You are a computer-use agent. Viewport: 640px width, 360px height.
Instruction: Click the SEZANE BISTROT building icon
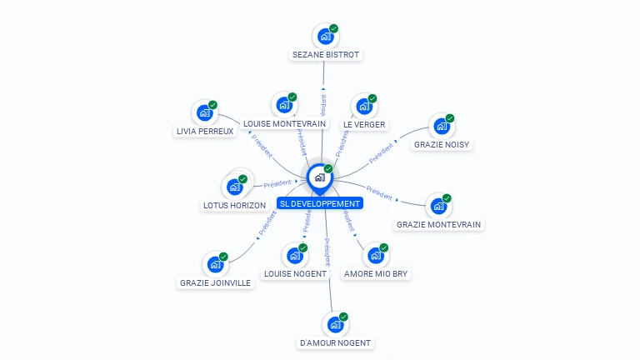click(325, 37)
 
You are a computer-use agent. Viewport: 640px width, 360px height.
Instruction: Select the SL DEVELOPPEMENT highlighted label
click(320, 203)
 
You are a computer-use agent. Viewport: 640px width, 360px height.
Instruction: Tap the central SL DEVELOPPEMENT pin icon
click(319, 177)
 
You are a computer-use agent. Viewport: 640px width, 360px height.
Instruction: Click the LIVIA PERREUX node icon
click(204, 112)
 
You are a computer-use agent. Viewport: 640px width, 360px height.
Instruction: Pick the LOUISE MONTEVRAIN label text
click(284, 124)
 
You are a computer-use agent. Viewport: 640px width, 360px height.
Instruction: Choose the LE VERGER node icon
click(363, 107)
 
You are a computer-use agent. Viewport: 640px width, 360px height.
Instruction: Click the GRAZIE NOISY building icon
click(441, 127)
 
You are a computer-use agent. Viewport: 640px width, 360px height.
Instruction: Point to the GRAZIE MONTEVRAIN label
click(438, 224)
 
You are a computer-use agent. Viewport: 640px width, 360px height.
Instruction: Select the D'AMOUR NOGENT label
click(335, 342)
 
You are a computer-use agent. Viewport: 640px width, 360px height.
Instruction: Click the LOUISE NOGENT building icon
click(294, 256)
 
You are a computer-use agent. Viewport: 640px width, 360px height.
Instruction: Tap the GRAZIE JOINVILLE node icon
click(215, 265)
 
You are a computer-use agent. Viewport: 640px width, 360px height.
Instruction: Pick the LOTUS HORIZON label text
click(234, 205)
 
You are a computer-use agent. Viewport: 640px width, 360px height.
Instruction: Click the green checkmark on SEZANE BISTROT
click(334, 28)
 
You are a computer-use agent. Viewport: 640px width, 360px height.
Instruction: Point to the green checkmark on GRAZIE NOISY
click(450, 118)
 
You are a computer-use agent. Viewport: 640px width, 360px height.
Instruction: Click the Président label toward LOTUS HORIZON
click(277, 183)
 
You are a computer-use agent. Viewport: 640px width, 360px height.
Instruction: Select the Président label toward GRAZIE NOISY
click(380, 152)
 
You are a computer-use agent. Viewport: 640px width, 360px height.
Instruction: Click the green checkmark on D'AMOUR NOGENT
click(343, 317)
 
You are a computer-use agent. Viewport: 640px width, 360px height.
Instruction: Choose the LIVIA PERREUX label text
click(205, 131)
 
